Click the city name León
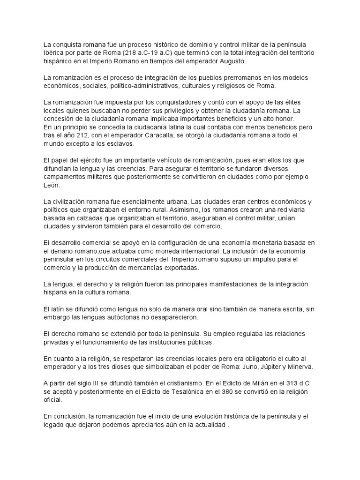[52, 185]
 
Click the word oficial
[52, 399]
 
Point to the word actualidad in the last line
[207, 424]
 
